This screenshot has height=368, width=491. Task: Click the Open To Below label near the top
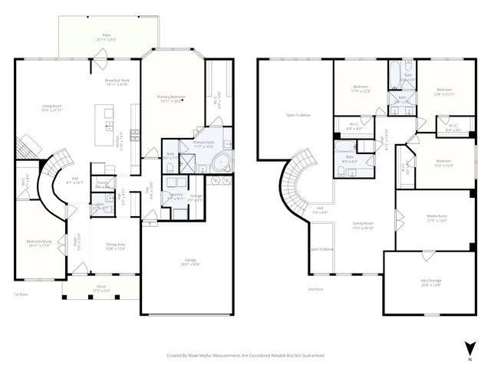point(298,115)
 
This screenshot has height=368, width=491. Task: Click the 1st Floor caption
point(21,294)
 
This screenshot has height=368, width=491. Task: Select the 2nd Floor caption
point(316,289)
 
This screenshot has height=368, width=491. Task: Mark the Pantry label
point(102,182)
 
